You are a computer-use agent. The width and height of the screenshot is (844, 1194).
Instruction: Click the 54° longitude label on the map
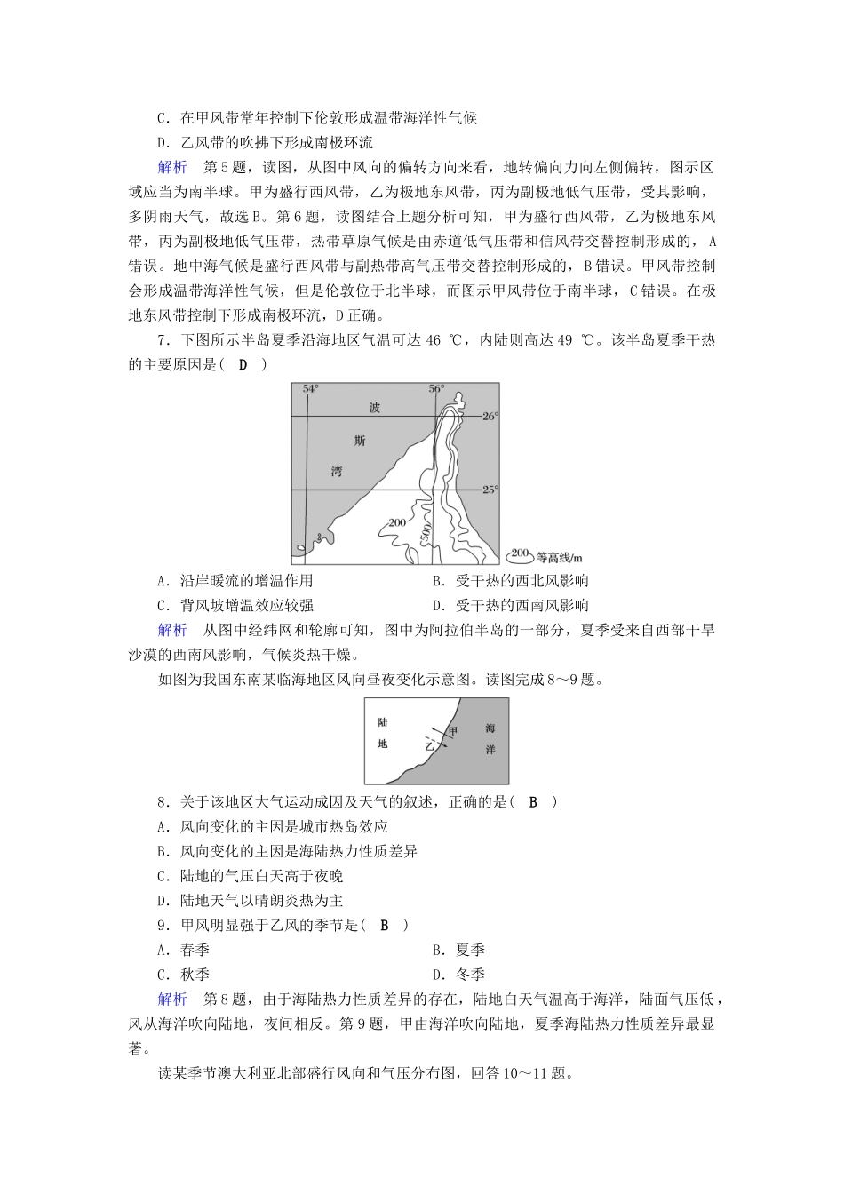tap(310, 389)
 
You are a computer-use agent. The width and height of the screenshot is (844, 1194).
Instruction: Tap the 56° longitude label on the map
tap(435, 389)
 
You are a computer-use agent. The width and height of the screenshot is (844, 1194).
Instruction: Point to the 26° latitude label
tap(490, 416)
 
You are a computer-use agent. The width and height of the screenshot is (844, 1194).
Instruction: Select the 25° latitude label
tap(490, 489)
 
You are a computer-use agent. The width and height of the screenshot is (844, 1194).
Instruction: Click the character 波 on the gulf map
tap(376, 408)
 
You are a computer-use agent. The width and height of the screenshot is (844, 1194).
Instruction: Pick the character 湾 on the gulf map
tap(336, 472)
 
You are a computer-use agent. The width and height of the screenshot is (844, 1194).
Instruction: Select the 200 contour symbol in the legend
tap(520, 554)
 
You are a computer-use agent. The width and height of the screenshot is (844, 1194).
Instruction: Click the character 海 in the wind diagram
tap(490, 728)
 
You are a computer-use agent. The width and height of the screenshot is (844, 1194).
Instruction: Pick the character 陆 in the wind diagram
tap(383, 722)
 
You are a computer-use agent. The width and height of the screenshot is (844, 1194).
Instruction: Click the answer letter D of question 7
tap(243, 364)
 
